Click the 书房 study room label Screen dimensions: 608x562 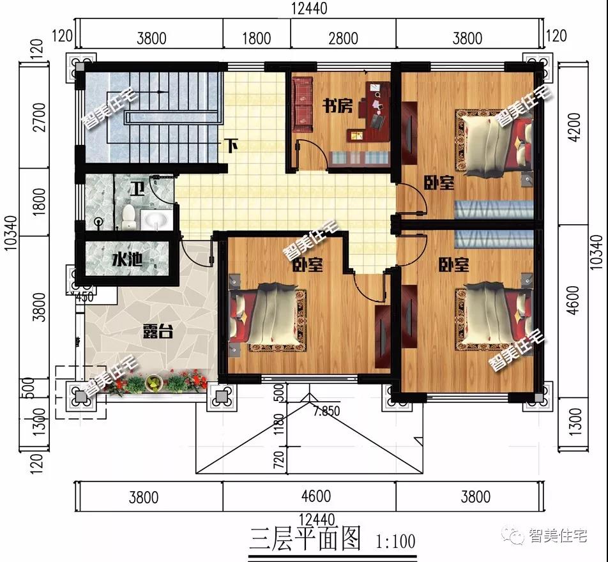click(338, 106)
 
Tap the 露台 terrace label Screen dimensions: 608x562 click(157, 331)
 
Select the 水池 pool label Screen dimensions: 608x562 click(127, 259)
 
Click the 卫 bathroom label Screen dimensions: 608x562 click(137, 189)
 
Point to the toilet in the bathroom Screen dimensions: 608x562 click(128, 216)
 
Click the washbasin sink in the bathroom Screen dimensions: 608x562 click(155, 220)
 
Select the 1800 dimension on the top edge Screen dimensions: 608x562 click(256, 38)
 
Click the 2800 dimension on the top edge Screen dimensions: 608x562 click(343, 38)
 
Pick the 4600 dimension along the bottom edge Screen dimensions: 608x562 click(316, 496)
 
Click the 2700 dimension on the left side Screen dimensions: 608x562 click(39, 117)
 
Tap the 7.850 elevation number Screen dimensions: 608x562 click(326, 411)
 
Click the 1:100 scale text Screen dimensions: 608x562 click(395, 542)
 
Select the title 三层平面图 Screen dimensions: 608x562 click(305, 538)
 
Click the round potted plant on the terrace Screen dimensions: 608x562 click(154, 383)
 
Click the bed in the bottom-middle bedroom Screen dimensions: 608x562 click(268, 316)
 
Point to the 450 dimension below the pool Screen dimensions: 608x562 click(84, 298)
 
